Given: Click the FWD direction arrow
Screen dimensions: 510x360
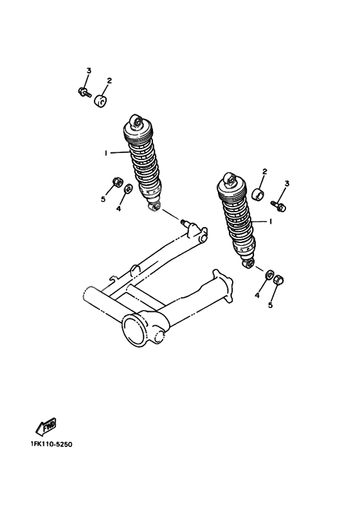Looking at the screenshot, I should [x=46, y=426].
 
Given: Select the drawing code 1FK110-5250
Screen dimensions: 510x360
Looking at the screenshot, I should [x=51, y=444].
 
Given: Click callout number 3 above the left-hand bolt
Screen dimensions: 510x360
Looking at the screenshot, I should [x=89, y=70].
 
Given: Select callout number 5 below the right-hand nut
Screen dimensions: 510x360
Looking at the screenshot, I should [x=270, y=305].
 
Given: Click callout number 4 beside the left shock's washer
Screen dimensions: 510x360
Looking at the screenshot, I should [x=118, y=208].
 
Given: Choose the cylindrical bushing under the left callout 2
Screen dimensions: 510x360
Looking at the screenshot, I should [x=100, y=102].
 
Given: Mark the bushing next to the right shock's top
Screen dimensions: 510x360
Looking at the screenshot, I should [x=257, y=194].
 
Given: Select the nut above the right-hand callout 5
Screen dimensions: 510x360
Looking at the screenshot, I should [x=278, y=280].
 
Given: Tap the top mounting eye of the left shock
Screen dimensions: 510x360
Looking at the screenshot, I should [x=136, y=121].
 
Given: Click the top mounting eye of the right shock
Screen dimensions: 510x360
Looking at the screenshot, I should [x=227, y=178].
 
